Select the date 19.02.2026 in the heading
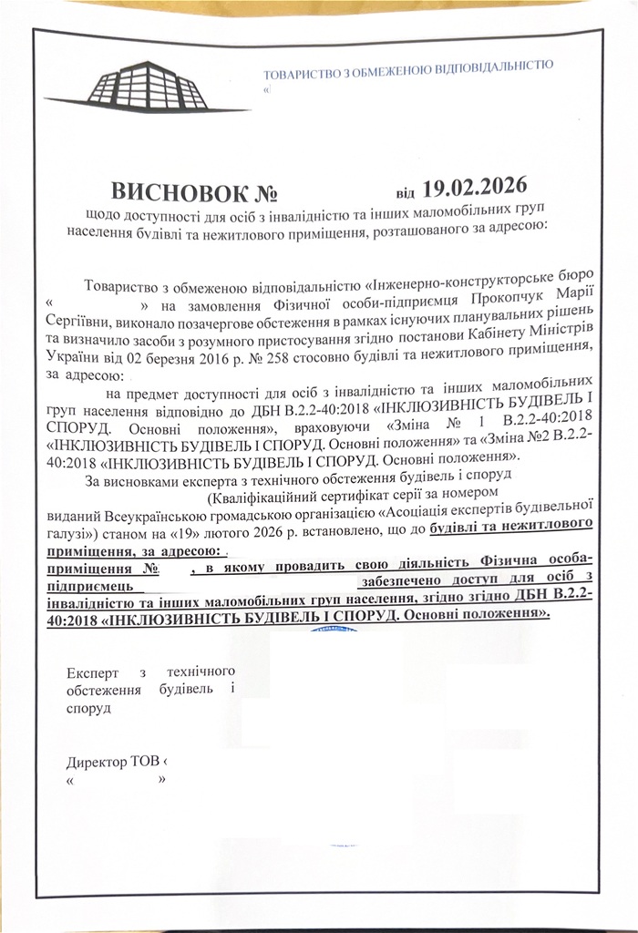click(476, 188)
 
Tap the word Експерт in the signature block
click(94, 673)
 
